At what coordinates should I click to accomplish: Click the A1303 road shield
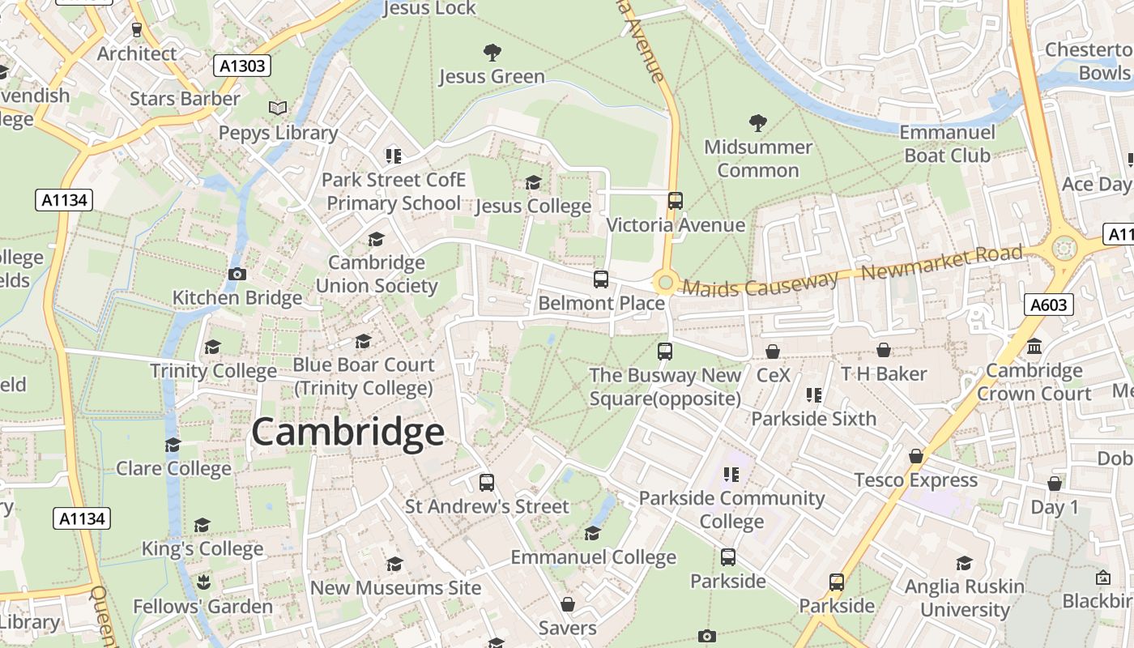point(243,66)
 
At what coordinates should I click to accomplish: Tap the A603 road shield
point(1049,305)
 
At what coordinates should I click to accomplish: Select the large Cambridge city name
point(347,433)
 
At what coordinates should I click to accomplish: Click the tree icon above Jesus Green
point(492,53)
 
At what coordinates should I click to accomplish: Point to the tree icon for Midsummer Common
point(758,123)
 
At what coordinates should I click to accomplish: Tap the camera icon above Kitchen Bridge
point(237,274)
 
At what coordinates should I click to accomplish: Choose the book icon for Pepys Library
point(278,108)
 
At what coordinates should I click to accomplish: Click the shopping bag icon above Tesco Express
point(916,456)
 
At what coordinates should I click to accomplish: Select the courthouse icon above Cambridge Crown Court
point(1034,347)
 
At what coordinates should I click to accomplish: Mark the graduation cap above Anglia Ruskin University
point(964,563)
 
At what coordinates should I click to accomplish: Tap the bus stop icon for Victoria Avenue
point(676,200)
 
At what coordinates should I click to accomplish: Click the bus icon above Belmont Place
point(601,279)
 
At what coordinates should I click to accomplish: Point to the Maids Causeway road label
point(760,283)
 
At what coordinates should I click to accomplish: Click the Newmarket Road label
point(942,262)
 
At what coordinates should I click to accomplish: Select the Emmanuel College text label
point(593,557)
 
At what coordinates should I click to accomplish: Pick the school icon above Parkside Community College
point(731,475)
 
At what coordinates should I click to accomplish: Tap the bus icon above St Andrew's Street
point(487,483)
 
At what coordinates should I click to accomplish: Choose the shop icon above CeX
point(773,352)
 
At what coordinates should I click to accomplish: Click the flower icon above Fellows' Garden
point(202,582)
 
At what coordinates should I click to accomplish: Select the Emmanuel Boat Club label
point(947,143)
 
